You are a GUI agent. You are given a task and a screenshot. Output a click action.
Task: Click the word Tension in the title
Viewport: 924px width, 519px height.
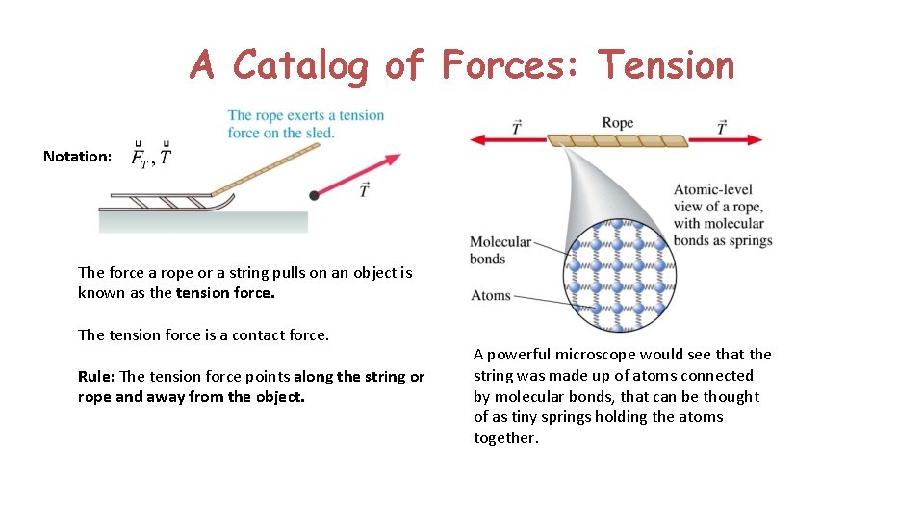666,65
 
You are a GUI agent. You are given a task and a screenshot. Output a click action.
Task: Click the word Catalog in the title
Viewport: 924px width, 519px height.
300,65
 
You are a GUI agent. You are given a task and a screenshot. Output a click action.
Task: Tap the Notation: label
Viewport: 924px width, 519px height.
78,156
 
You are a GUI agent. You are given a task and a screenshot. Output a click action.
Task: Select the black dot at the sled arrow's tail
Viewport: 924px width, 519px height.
314,195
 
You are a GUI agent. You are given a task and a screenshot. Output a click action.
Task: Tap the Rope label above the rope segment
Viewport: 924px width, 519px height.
617,122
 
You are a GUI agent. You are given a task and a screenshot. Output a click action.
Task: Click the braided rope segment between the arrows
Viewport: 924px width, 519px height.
618,140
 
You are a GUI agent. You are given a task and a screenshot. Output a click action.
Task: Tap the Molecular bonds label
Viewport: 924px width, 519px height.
500,251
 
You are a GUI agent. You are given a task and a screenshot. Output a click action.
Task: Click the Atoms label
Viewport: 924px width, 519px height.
491,295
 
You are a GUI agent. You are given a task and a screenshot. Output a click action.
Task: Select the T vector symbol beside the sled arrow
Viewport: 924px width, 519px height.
364,190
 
